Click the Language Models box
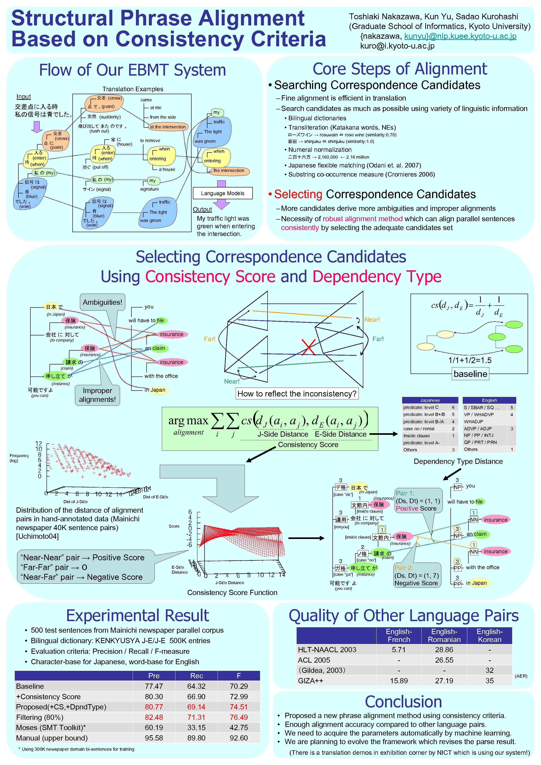223,193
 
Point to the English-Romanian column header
444,635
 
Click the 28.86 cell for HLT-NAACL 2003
444,649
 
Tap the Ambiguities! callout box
102,302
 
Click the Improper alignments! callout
97,395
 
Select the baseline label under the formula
470,374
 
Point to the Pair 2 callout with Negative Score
416,576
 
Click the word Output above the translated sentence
202,209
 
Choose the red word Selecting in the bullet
298,194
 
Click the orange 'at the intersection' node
168,127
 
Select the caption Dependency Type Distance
458,461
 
